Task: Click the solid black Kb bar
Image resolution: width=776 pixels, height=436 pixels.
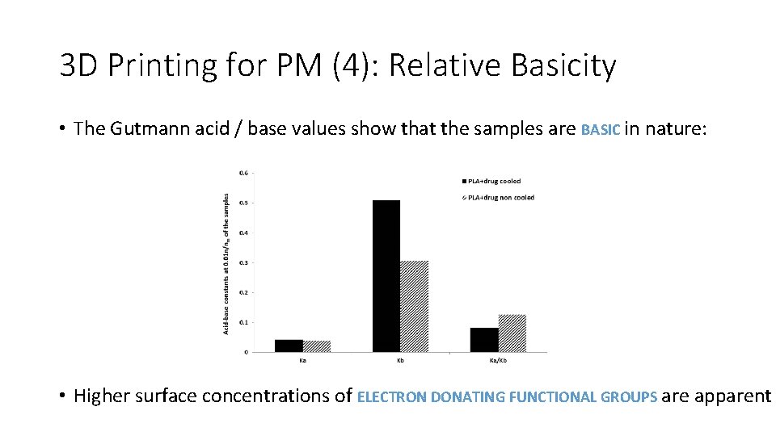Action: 386,276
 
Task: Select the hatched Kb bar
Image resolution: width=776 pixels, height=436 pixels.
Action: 414,306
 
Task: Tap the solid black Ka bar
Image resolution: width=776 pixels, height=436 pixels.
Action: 289,346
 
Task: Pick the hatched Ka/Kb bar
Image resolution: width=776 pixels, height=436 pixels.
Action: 512,333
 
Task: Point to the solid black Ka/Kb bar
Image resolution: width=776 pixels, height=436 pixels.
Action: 483,339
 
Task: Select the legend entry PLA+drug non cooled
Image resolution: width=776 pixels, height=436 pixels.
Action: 500,198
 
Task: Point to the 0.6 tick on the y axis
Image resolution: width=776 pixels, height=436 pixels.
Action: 243,172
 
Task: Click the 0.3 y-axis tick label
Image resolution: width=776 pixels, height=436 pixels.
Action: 243,262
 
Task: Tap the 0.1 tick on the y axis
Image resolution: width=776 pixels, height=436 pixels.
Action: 243,322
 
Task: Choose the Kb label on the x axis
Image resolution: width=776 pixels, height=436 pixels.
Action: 400,360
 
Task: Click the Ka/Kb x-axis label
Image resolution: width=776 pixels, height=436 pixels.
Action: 498,360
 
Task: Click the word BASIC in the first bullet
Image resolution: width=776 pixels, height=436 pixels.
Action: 601,129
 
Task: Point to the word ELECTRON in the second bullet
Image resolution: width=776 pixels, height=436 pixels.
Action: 392,396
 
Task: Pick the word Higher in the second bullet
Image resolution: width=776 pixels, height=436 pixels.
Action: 102,396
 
